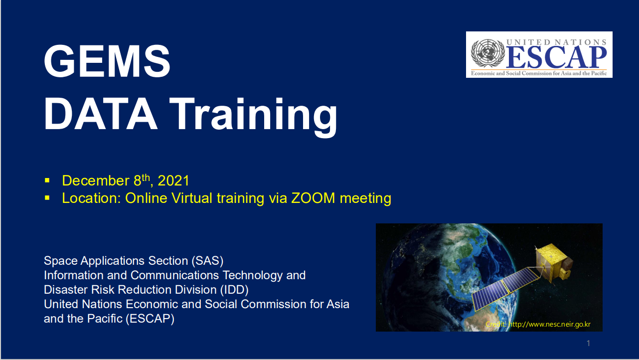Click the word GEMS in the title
tap(107, 61)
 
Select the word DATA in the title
tap(100, 114)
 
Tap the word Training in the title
tap(254, 118)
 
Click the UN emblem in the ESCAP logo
tap(487, 53)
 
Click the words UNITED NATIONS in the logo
tap(556, 42)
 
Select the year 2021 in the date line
tap(173, 180)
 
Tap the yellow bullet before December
tap(47, 180)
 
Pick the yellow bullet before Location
tap(47, 198)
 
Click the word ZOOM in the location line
tap(313, 198)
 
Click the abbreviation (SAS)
tap(207, 261)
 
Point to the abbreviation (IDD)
tap(234, 290)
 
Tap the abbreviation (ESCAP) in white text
tap(150, 319)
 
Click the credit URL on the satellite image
tap(549, 324)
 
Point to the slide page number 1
tap(588, 343)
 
